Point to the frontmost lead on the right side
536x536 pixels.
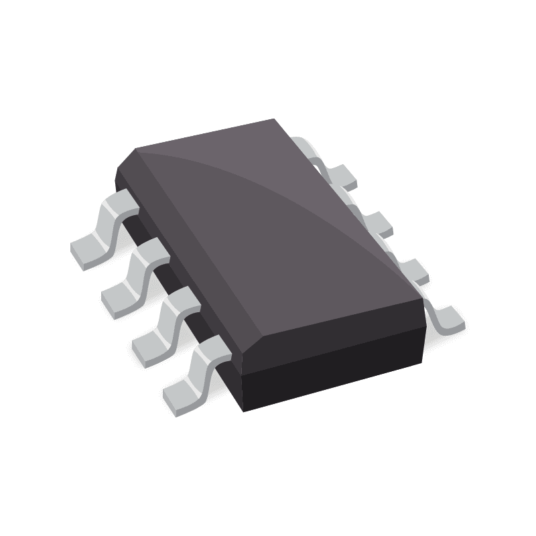[x=448, y=318]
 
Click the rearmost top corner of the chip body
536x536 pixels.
[x=274, y=120]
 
